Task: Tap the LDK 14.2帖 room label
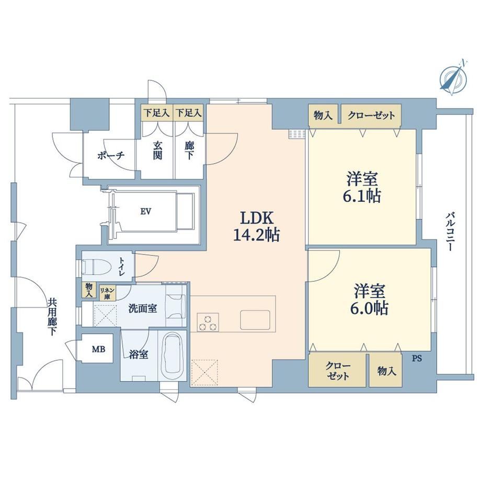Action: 257,227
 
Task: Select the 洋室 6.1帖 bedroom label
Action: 362,187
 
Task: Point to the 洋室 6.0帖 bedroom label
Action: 369,300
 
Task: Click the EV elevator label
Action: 146,211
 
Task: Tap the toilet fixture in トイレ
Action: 96,267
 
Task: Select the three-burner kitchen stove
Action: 208,322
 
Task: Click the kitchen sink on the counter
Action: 255,319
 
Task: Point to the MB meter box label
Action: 99,349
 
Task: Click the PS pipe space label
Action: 417,358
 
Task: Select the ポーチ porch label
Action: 111,155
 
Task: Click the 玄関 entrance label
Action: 158,151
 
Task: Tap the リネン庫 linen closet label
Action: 107,293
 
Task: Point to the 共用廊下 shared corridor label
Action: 52,317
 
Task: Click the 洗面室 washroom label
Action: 143,308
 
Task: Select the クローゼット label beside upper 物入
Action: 371,116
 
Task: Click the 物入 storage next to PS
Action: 386,372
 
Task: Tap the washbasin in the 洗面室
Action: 176,306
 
